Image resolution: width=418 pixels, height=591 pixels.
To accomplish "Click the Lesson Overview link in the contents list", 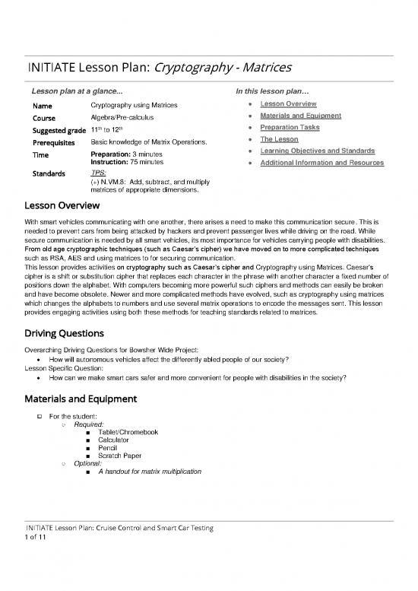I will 288,103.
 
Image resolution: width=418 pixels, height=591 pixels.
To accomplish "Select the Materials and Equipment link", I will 300,116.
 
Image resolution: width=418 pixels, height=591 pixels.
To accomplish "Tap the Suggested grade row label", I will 58,130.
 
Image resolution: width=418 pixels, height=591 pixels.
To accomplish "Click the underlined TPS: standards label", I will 97,174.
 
